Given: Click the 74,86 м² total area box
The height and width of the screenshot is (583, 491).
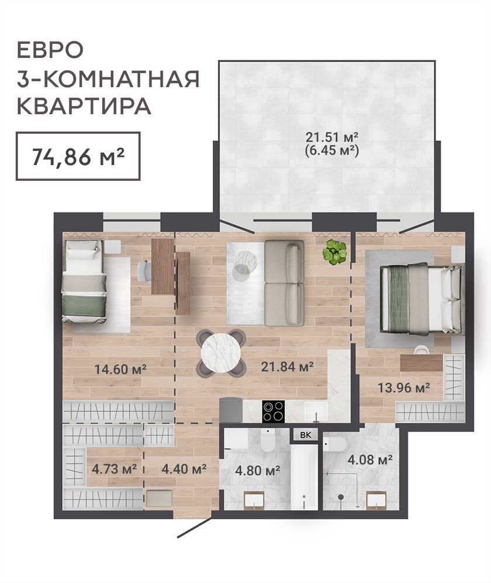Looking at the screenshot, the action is click(78, 156).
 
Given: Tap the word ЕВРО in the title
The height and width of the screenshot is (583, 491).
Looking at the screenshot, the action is click(50, 50).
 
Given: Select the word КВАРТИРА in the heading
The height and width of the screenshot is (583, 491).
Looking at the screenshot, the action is click(84, 106).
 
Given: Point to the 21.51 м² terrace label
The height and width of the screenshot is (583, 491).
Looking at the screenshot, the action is click(331, 137).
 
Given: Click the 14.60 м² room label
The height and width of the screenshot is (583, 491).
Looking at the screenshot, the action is click(121, 369).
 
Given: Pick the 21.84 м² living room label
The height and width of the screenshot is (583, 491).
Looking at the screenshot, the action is click(288, 366).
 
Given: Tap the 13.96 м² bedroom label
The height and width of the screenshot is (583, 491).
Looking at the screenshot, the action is click(404, 388).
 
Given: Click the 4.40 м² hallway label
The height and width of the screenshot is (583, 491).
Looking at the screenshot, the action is click(184, 469).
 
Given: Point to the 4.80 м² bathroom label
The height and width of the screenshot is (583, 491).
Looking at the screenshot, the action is click(257, 471).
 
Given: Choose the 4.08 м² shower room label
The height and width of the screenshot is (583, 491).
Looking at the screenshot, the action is click(370, 460).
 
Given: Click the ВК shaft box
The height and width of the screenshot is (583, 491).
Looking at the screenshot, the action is click(306, 435).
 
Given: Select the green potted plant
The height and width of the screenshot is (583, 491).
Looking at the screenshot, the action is click(334, 252).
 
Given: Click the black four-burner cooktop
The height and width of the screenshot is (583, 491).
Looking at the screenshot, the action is click(274, 411).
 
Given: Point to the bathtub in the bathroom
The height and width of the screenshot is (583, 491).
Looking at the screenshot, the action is click(304, 477).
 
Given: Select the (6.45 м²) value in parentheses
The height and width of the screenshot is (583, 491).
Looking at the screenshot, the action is click(331, 150).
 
